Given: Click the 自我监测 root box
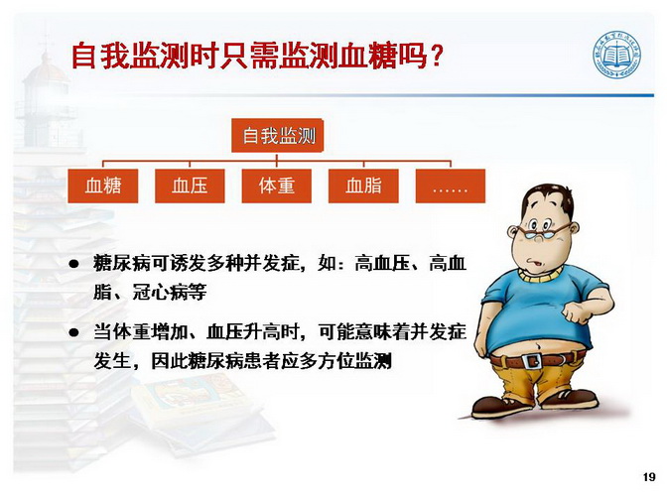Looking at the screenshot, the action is point(277,136).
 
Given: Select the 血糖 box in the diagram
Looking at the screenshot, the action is point(103,186).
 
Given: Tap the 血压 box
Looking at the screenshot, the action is point(190,186).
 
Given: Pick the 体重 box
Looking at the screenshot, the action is point(277,186).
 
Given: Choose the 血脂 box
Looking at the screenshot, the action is point(363,186).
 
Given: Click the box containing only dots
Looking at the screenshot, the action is point(451,186).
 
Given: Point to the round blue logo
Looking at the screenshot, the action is point(617,56).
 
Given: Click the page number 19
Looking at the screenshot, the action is point(649,477).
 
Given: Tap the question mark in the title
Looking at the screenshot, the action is point(436,57).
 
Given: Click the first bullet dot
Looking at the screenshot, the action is point(74,264).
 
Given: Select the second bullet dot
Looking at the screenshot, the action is point(74,332).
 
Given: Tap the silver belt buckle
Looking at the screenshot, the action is point(531,361).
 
